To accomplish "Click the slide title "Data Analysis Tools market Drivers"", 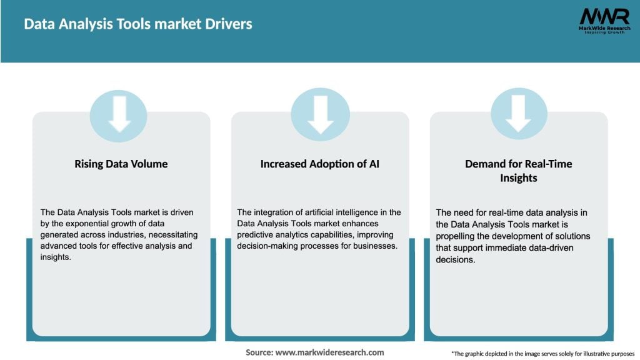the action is click(138, 24).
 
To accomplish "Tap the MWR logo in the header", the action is click(604, 16).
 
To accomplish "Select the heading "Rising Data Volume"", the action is click(121, 164).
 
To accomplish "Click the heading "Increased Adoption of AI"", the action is click(320, 164).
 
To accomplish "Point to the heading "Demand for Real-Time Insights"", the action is click(518, 171).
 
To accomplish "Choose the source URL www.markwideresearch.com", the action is click(329, 352).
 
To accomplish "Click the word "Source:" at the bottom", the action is click(259, 352).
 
